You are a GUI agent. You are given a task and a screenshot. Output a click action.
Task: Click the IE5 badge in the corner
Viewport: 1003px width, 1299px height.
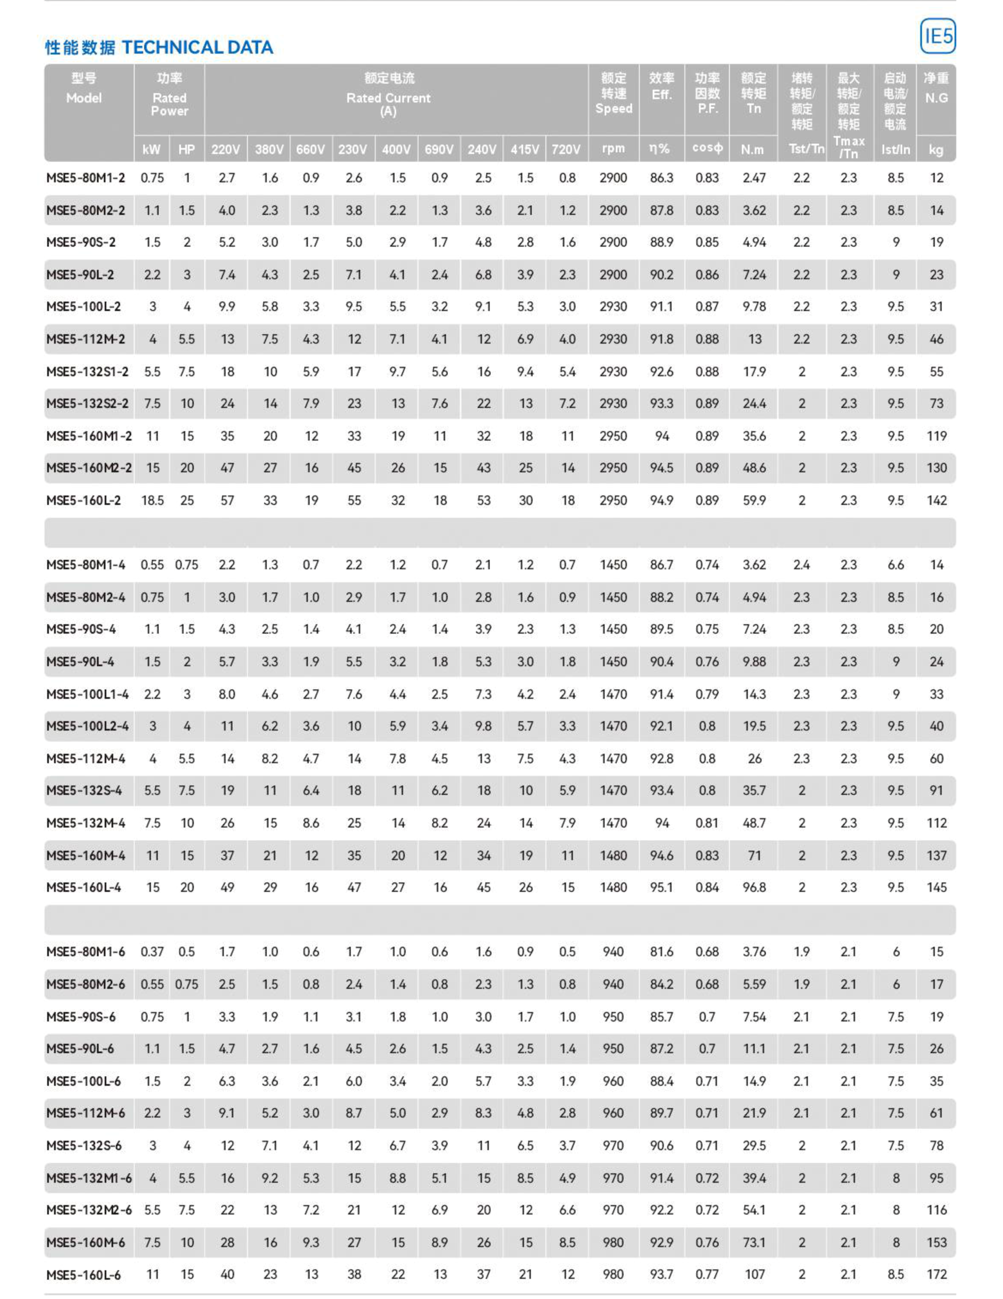pyautogui.click(x=937, y=36)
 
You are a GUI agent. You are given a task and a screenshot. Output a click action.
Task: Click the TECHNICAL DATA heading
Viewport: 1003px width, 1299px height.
pyautogui.click(x=197, y=48)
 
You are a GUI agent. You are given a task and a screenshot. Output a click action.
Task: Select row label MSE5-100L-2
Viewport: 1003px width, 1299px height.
pyautogui.click(x=84, y=307)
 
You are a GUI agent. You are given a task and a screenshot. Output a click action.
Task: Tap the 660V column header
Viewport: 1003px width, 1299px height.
pyautogui.click(x=310, y=149)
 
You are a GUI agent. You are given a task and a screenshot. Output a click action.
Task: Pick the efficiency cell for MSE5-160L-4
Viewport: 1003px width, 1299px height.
pyautogui.click(x=661, y=888)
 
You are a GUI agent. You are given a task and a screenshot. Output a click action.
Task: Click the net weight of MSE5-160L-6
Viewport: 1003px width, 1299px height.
pyautogui.click(x=937, y=1275)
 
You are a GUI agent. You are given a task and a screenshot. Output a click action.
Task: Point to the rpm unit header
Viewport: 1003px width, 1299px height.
pyautogui.click(x=613, y=149)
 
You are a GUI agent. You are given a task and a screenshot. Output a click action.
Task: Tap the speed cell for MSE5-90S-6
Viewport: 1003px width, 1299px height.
pyautogui.click(x=613, y=1016)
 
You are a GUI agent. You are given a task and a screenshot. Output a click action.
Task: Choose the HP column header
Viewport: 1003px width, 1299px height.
pyautogui.click(x=187, y=149)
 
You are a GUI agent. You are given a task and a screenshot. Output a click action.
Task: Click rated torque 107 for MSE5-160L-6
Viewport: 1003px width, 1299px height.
pyautogui.click(x=754, y=1275)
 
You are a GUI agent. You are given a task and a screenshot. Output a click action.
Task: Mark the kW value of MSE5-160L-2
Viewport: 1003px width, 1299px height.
pyautogui.click(x=152, y=501)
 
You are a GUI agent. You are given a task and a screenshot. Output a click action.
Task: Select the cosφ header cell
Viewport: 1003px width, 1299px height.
pyautogui.click(x=707, y=149)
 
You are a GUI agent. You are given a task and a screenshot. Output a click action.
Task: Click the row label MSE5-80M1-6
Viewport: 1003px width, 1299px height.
pyautogui.click(x=86, y=952)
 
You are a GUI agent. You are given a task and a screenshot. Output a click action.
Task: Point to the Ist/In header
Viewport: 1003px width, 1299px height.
pyautogui.click(x=895, y=149)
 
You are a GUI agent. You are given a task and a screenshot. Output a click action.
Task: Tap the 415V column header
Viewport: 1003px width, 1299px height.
pyautogui.click(x=524, y=149)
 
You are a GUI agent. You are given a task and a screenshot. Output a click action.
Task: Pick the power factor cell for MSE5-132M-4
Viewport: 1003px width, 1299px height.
pyautogui.click(x=707, y=823)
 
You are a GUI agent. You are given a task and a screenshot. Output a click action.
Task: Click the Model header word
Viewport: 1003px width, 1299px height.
pyautogui.click(x=84, y=98)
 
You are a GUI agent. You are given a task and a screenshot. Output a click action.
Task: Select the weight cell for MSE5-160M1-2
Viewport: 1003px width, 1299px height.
pyautogui.click(x=937, y=436)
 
